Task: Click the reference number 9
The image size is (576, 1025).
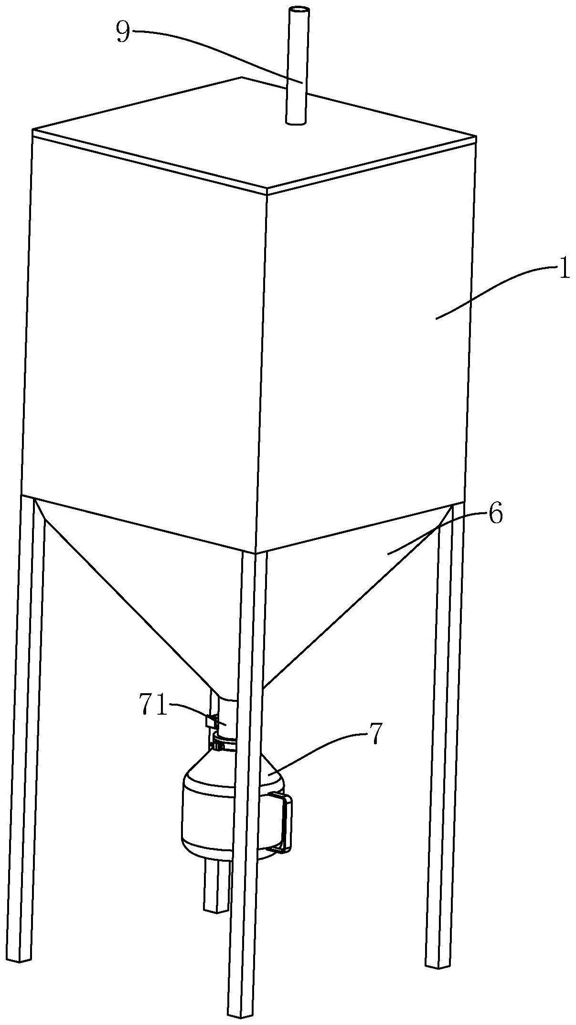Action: [123, 33]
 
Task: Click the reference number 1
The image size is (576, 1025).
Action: [564, 270]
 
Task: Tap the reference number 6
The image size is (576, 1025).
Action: [495, 516]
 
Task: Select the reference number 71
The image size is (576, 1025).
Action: [153, 704]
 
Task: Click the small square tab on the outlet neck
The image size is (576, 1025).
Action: [211, 720]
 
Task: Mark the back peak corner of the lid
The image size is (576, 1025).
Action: [242, 77]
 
